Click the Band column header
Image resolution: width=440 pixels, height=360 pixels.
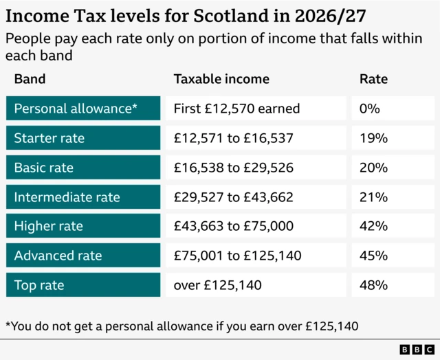pyautogui.click(x=30, y=79)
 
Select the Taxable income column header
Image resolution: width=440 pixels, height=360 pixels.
pyautogui.click(x=221, y=79)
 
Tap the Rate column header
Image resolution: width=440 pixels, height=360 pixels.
pyautogui.click(x=373, y=79)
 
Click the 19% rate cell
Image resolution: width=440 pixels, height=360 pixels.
pyautogui.click(x=373, y=138)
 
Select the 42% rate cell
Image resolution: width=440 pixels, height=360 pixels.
pyautogui.click(x=373, y=226)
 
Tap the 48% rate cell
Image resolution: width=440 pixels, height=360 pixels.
pyautogui.click(x=373, y=284)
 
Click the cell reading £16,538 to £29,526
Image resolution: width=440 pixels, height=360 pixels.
pyautogui.click(x=234, y=168)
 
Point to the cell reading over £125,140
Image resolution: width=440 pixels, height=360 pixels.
pyautogui.click(x=218, y=284)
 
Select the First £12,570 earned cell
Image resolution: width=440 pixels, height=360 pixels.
pyautogui.click(x=237, y=109)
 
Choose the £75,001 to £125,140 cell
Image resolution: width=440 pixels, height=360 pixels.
pyautogui.click(x=237, y=256)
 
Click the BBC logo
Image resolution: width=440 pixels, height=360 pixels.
pyautogui.click(x=412, y=350)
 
